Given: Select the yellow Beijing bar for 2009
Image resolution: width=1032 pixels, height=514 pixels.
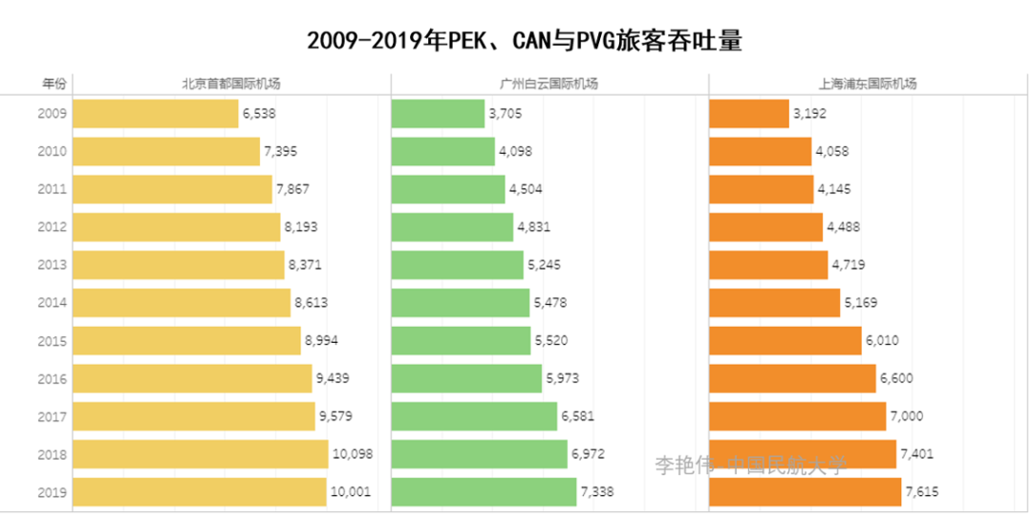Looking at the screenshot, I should point(155,114).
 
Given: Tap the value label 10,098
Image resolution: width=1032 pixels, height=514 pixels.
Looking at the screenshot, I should point(352,454).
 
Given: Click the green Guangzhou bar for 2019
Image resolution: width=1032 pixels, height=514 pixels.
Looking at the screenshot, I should point(484,492).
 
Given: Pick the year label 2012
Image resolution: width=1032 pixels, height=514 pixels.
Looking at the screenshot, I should point(52,226).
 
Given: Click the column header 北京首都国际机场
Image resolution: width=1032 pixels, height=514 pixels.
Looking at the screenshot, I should point(231,84).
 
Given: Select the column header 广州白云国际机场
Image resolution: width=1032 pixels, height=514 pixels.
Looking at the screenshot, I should point(549,84).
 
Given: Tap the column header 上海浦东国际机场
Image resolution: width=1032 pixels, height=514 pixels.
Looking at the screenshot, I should point(868,84).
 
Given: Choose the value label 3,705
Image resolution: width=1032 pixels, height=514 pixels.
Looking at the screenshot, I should point(505,114).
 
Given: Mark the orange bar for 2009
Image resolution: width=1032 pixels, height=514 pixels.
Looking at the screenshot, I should point(748,114).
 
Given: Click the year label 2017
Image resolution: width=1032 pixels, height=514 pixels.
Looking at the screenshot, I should point(52,416).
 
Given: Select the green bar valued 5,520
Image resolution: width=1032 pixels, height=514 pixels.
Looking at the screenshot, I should point(461,340).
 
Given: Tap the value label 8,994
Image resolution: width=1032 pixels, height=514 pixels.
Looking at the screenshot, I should point(321,340).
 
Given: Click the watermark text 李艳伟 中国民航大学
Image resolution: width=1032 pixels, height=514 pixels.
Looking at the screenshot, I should point(750,465).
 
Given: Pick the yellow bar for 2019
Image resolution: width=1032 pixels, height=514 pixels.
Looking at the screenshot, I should point(199,492).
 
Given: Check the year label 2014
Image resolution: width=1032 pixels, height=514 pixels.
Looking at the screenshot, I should point(52,303).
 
